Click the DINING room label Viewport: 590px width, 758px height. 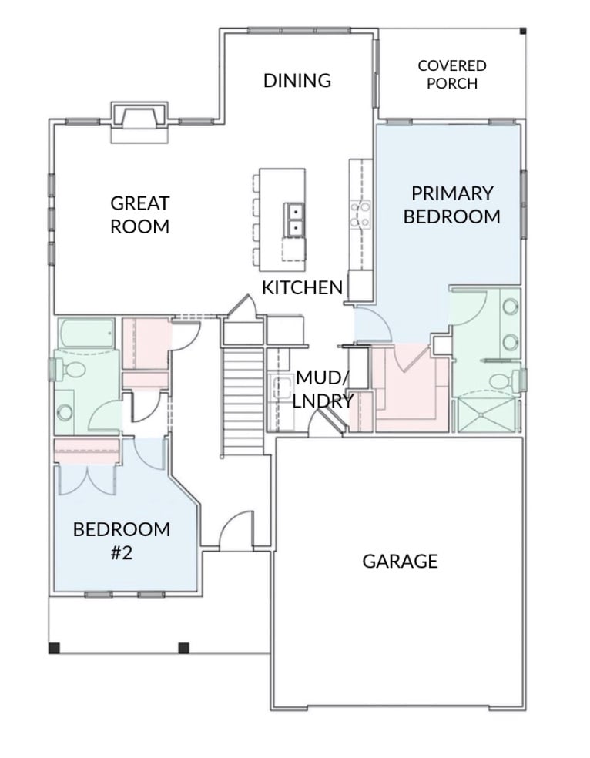pyautogui.click(x=297, y=80)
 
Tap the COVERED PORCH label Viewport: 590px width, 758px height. pyautogui.click(x=452, y=75)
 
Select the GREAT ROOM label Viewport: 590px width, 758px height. pyautogui.click(x=139, y=215)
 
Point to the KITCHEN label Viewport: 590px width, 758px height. pyautogui.click(x=302, y=287)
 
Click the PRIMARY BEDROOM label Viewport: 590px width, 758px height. pyautogui.click(x=452, y=204)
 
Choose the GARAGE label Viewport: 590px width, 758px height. pyautogui.click(x=400, y=562)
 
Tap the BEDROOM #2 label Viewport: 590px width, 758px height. pyautogui.click(x=121, y=541)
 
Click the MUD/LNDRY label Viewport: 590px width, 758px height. pyautogui.click(x=323, y=389)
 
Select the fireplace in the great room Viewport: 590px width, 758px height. pyautogui.click(x=139, y=122)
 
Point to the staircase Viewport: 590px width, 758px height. pyautogui.click(x=243, y=401)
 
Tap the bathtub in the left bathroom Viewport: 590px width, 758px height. pyautogui.click(x=86, y=333)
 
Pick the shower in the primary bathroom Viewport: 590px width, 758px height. pyautogui.click(x=487, y=414)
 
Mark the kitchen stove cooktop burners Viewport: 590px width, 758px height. pyautogui.click(x=361, y=214)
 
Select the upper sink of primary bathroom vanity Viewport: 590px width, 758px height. pyautogui.click(x=510, y=306)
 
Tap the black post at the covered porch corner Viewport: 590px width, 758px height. pyautogui.click(x=522, y=32)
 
